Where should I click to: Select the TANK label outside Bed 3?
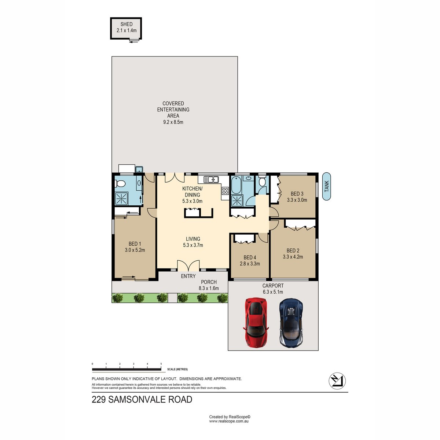pyautogui.click(x=326, y=186)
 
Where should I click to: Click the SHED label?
pyautogui.click(x=126, y=24)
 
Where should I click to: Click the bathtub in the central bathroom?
pyautogui.click(x=236, y=186)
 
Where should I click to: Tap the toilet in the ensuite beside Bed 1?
pyautogui.click(x=121, y=183)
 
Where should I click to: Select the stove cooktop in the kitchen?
pyautogui.click(x=225, y=191)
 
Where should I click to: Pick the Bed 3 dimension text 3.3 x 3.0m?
pyautogui.click(x=297, y=200)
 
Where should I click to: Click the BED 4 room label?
pyautogui.click(x=250, y=257)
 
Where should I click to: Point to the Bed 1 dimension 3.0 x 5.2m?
pyautogui.click(x=135, y=250)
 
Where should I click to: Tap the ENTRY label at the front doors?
pyautogui.click(x=188, y=276)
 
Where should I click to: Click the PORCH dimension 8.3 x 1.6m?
pyautogui.click(x=209, y=288)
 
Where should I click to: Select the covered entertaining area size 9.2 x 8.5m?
pyautogui.click(x=173, y=122)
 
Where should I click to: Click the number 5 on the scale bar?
pyautogui.click(x=161, y=364)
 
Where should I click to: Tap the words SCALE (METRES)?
pyautogui.click(x=177, y=370)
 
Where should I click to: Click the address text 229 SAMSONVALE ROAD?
pyautogui.click(x=142, y=399)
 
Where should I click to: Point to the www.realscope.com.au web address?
pyautogui.click(x=229, y=421)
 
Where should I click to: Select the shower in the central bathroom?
pyautogui.click(x=237, y=201)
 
